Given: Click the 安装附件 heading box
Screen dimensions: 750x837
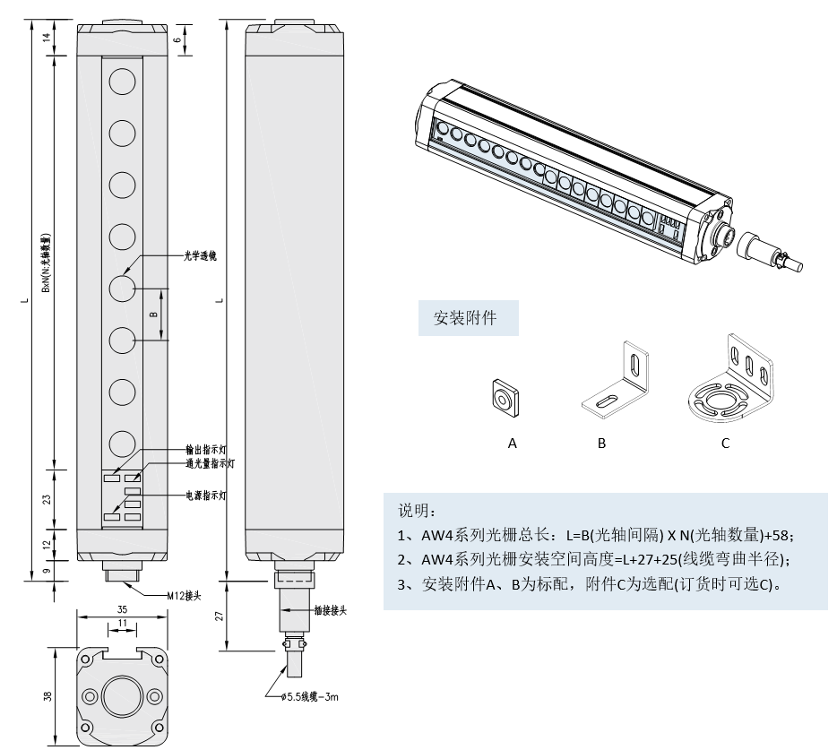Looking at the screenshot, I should [468, 318].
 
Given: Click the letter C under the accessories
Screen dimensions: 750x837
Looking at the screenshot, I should [726, 443].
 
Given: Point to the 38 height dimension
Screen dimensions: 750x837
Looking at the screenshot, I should [48, 695].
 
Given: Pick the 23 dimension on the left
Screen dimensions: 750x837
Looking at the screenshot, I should [47, 499].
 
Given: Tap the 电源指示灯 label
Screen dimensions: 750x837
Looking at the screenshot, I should [209, 495].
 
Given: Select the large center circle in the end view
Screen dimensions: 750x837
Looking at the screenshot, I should [122, 696].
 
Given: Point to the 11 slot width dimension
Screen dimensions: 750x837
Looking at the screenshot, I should [122, 623].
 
